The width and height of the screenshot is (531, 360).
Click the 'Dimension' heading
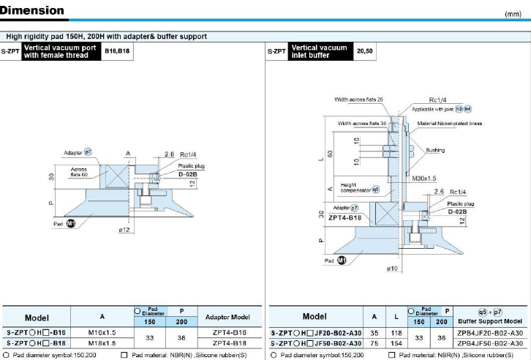[x=32, y=11]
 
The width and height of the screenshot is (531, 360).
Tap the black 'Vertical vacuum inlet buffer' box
[x=320, y=51]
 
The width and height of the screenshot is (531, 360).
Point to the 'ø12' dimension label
[x=125, y=230]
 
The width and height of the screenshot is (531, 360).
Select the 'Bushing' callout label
[x=436, y=150]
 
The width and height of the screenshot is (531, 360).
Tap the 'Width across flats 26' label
[x=359, y=100]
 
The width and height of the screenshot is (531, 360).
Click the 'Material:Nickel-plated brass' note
[x=449, y=124]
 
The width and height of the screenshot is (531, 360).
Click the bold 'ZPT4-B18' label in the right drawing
[x=344, y=217]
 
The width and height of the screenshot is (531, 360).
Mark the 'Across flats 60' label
[x=78, y=172]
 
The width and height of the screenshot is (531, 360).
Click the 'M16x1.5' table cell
[x=102, y=331]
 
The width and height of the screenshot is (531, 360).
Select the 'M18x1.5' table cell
[x=102, y=342]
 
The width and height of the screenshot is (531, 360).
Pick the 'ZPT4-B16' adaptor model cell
[x=229, y=331]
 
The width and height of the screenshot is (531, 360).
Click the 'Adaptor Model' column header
[x=229, y=317]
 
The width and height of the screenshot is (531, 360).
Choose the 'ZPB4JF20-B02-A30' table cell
[x=489, y=332]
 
